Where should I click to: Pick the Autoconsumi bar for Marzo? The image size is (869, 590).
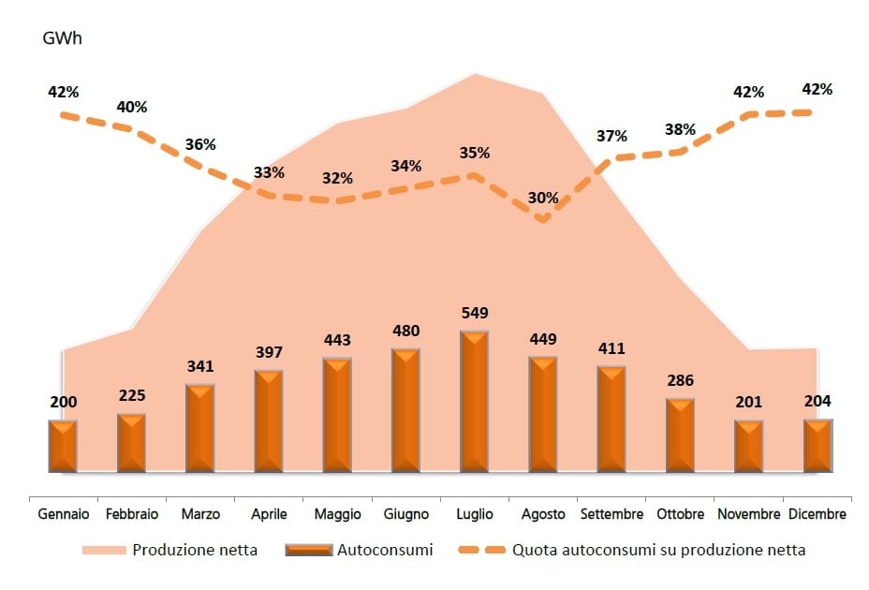pos(200,428)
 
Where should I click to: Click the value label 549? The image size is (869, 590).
pos(474,313)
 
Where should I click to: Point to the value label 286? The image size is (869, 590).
pos(680,381)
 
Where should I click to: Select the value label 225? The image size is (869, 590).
pos(131,395)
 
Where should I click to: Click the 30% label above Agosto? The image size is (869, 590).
pos(543,198)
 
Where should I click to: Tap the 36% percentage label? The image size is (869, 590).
pos(200,145)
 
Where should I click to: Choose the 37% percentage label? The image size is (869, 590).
pos(611,136)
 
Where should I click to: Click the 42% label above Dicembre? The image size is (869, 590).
pos(817,90)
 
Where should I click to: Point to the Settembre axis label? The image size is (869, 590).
pos(611,514)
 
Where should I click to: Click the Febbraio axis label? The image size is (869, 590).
pos(132,514)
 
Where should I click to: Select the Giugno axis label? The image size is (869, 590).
pos(405,514)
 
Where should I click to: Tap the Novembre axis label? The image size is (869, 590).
pos(748,514)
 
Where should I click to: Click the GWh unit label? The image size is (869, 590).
pos(63,39)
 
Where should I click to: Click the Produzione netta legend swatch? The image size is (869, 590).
pos(104,550)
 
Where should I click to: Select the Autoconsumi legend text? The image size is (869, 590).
pos(384,550)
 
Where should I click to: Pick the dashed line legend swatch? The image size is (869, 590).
pos(480,550)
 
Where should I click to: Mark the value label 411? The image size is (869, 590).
pos(611,349)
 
